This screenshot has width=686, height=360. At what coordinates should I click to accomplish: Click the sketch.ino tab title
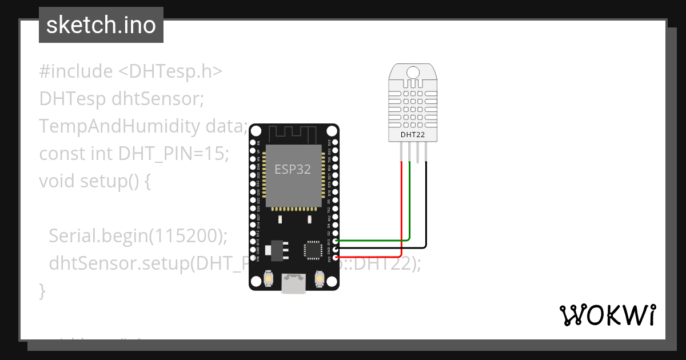[101, 25]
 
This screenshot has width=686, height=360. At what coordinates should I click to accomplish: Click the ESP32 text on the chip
[292, 169]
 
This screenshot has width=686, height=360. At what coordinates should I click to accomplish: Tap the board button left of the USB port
[269, 279]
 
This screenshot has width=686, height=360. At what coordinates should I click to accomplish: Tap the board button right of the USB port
[320, 279]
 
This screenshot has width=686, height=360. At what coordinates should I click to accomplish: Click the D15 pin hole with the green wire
[336, 241]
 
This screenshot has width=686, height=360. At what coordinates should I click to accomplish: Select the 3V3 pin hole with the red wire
[336, 258]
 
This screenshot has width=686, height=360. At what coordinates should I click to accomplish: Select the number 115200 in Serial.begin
[186, 235]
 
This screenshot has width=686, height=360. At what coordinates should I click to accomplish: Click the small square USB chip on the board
[313, 250]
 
